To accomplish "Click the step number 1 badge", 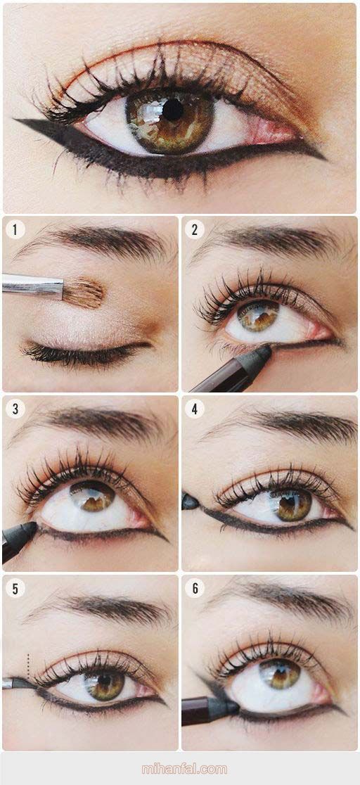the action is pyautogui.click(x=15, y=230).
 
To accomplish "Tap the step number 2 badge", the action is pyautogui.click(x=194, y=230).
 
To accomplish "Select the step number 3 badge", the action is pyautogui.click(x=15, y=409).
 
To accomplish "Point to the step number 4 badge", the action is pyautogui.click(x=194, y=409).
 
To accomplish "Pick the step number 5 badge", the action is pyautogui.click(x=15, y=588).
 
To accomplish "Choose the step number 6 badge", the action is pyautogui.click(x=194, y=588).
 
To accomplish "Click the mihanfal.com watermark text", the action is pyautogui.click(x=184, y=769).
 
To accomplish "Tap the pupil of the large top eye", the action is pyautogui.click(x=173, y=110).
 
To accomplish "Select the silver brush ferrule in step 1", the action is pyautogui.click(x=33, y=286).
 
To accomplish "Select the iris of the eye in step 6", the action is pyautogui.click(x=279, y=673).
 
